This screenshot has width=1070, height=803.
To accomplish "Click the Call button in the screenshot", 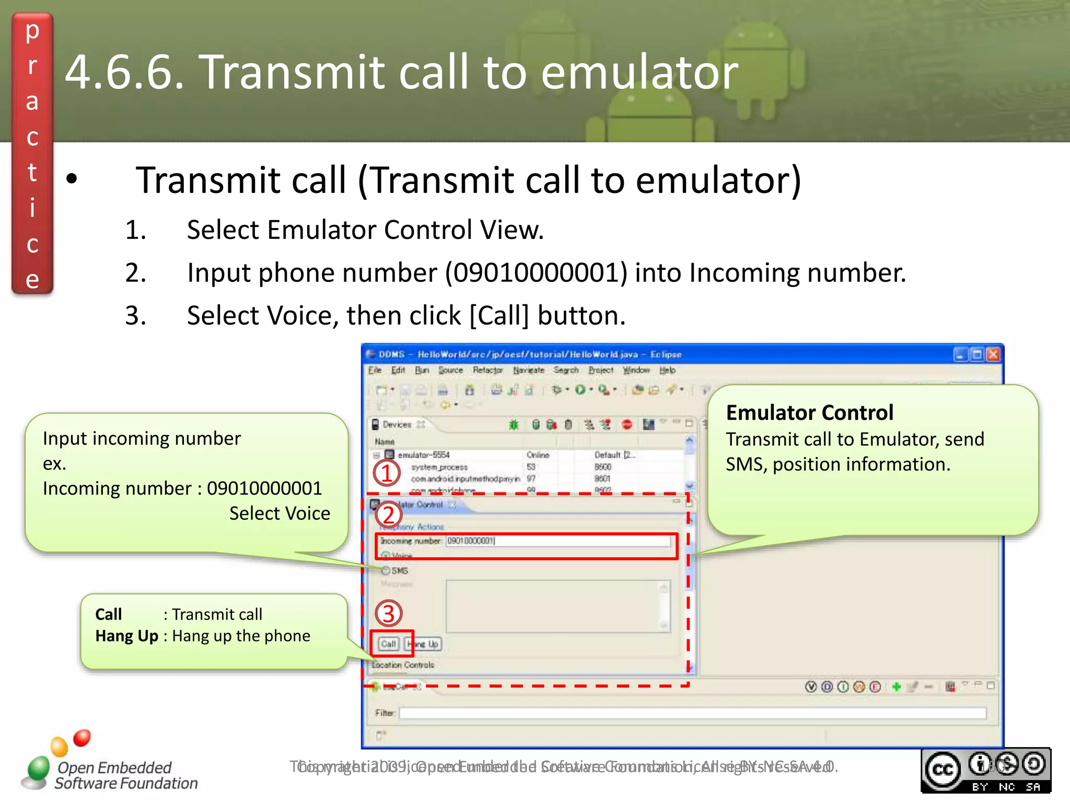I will coord(388,644).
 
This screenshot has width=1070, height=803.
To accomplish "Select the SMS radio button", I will coord(386,570).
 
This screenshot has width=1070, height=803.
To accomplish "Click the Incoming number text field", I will coord(558,541).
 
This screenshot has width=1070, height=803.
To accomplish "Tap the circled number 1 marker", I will coord(387,474).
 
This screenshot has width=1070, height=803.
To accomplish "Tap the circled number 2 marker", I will coord(388,515).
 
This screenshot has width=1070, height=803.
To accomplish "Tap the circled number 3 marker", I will coord(388,614).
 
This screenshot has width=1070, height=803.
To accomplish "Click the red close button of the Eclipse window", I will coord(993,355).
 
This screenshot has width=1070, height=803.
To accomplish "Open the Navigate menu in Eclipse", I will coord(528,370).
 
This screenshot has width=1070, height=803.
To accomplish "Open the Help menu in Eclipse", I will coord(667,370).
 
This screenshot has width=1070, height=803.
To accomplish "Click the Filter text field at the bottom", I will coord(692,713).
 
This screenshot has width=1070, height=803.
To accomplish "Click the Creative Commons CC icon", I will coord(943,770).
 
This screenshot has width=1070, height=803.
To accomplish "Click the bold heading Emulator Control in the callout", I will coord(809,413).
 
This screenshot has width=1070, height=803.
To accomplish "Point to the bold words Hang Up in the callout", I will coord(126,636).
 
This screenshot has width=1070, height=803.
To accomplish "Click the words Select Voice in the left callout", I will coord(280,513).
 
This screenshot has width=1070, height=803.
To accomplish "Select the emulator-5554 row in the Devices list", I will coord(423,455).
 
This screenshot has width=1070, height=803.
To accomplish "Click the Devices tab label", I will coord(397,425).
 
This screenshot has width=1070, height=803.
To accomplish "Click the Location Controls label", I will coord(403,665).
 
